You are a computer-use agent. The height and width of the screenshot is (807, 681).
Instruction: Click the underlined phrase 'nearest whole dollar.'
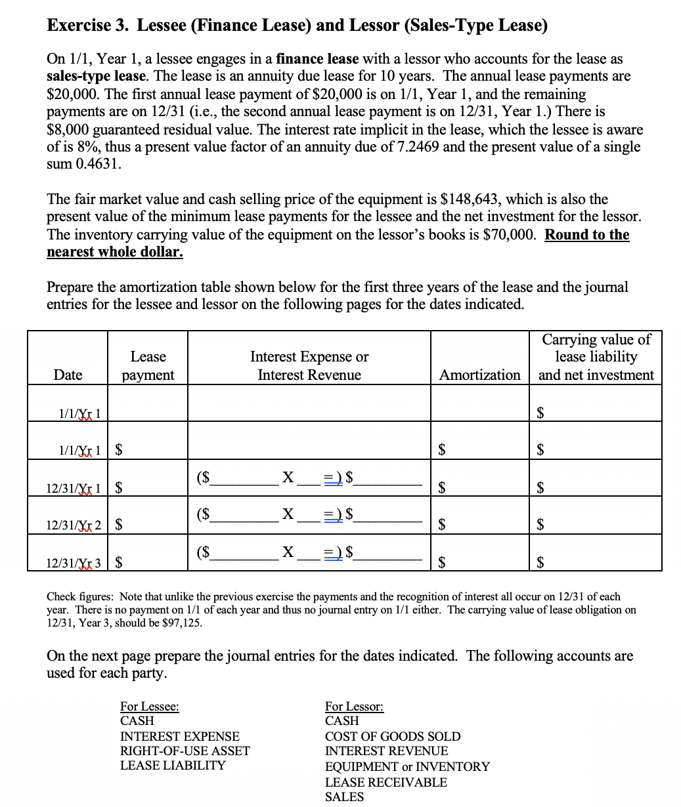click(115, 252)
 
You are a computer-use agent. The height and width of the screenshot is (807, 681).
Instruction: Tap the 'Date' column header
click(68, 375)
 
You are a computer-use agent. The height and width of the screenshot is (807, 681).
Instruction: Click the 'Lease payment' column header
click(148, 365)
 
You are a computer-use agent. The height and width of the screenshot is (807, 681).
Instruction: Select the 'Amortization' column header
click(479, 375)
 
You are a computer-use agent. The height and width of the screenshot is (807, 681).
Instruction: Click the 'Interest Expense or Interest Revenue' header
click(309, 365)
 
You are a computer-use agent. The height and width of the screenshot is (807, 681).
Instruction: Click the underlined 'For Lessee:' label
click(149, 707)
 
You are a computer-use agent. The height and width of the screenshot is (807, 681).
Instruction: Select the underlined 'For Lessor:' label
click(354, 707)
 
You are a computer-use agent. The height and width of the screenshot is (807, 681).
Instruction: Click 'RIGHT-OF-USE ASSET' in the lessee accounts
click(185, 751)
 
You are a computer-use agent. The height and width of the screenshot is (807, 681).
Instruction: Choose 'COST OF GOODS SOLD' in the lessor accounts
click(393, 736)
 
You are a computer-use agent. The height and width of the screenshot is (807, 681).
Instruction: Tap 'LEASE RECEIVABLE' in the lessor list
click(385, 782)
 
